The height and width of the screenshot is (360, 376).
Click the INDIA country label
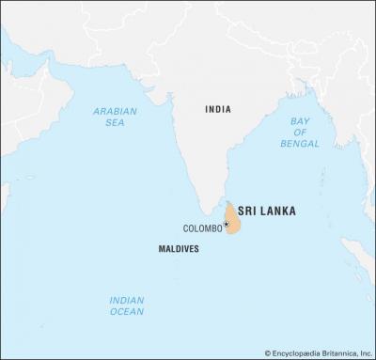pos(218,110)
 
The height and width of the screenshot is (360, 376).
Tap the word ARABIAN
pos(115,111)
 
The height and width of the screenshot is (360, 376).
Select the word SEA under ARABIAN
pos(115,123)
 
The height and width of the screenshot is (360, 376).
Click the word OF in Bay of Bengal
pos(300,133)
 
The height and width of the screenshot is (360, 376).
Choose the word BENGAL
pos(300,144)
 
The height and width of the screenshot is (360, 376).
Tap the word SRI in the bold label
pos(249,211)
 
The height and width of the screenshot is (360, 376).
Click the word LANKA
pos(279,211)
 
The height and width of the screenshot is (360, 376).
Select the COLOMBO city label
pos(202,228)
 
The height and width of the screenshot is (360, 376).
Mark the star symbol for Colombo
pos(227,225)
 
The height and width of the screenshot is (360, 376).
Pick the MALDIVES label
pos(178,249)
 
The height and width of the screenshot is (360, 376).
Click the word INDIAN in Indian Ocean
pos(126,300)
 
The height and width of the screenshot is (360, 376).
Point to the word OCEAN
pos(126,311)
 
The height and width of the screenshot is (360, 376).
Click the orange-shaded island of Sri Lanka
pos(233,219)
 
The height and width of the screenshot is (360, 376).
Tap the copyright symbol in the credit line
pos(268,352)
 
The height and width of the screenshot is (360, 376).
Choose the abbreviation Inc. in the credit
pos(365,352)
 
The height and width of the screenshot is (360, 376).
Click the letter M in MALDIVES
pos(159,249)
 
